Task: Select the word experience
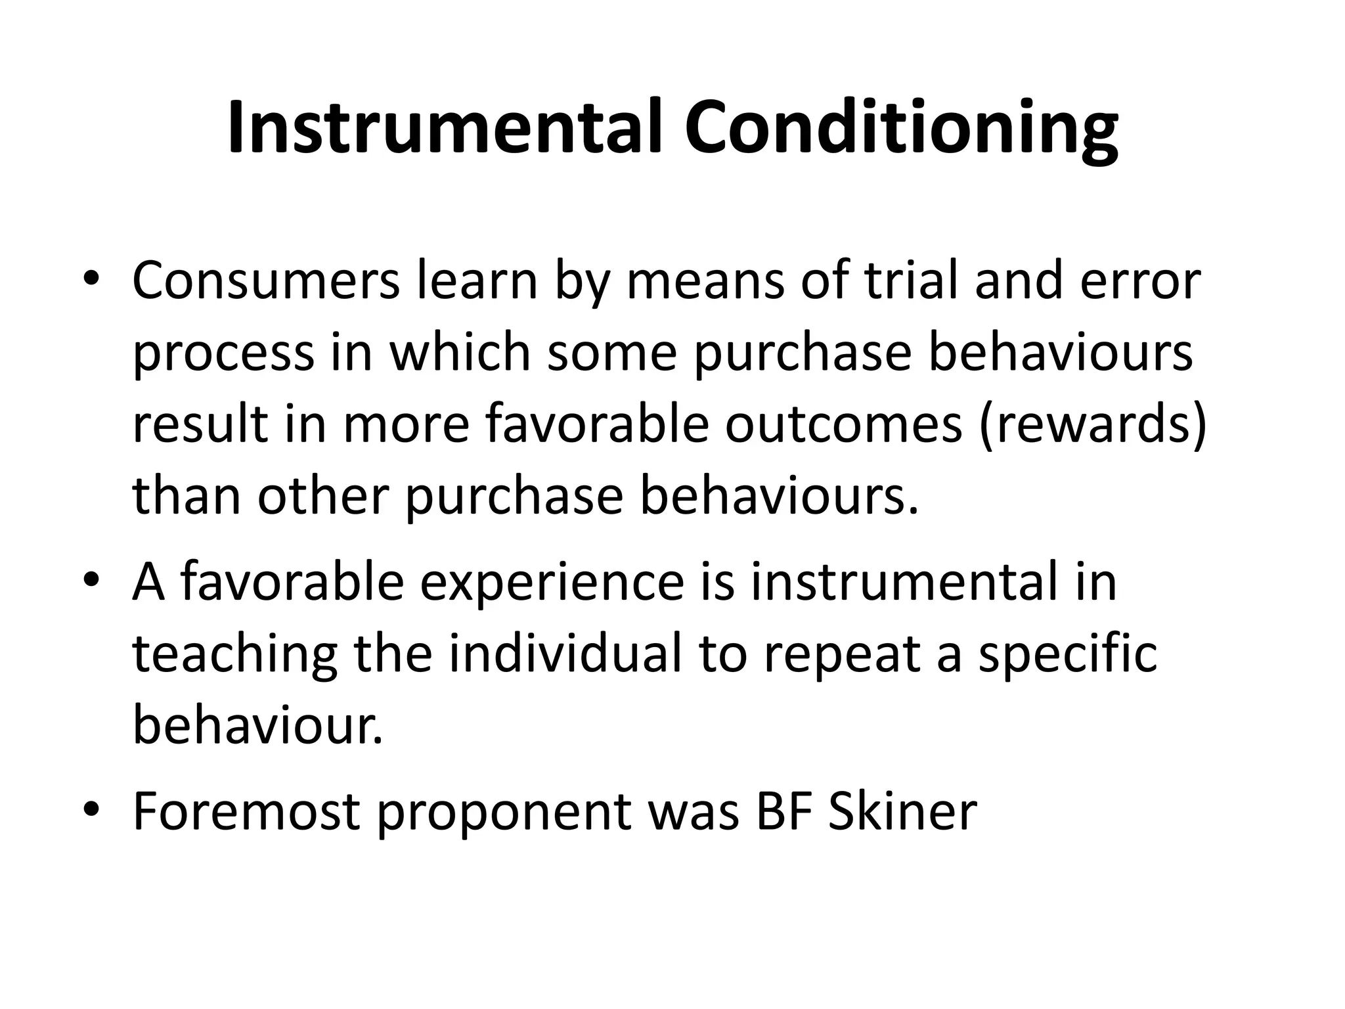[552, 582]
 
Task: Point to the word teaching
[234, 656]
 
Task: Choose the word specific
[1067, 656]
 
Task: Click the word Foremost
[247, 812]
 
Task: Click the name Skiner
[903, 812]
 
